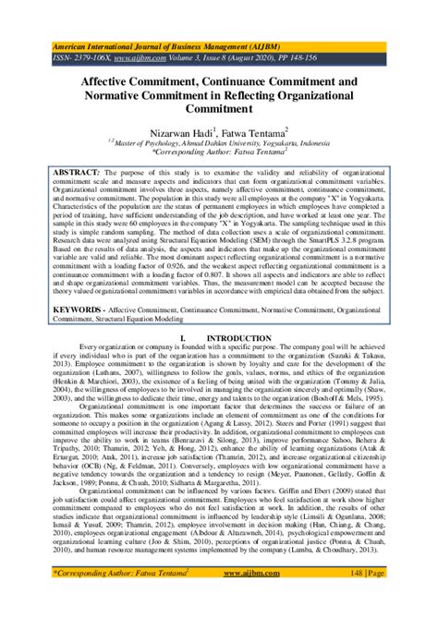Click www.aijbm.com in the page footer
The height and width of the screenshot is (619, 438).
(x=219, y=599)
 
